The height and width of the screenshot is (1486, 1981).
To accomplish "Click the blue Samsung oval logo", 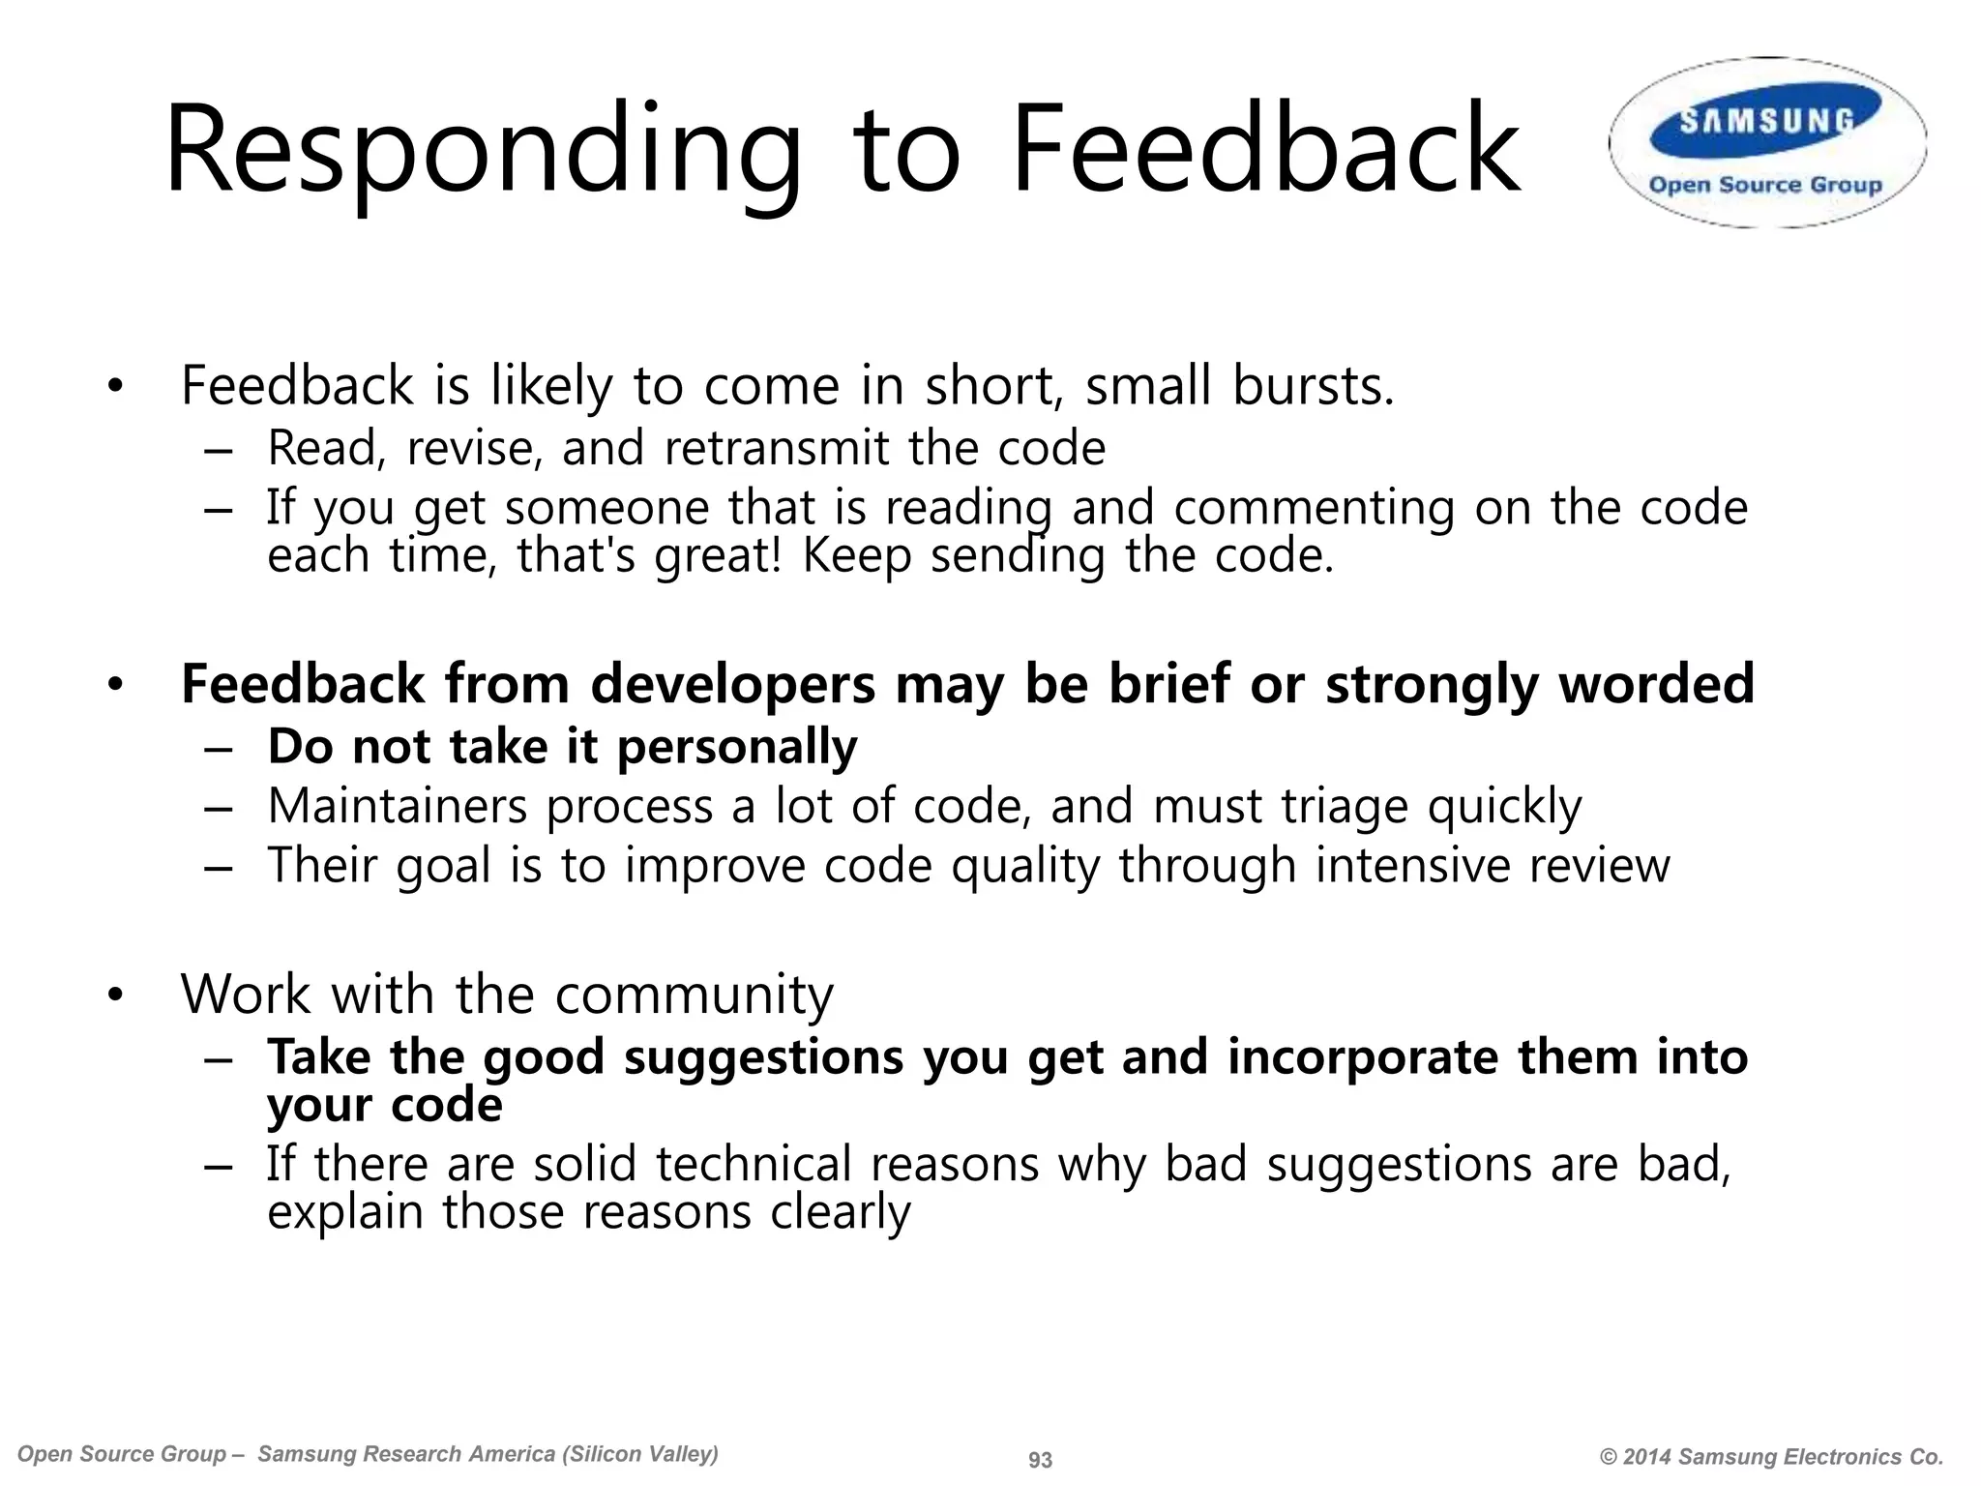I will (1766, 120).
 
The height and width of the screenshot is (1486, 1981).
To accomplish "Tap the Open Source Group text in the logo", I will (1765, 185).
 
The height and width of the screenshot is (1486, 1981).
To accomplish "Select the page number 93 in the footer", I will (1040, 1460).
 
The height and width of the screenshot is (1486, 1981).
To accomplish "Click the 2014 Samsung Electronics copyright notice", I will (1771, 1457).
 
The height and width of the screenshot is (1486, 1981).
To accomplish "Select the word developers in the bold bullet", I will (732, 684).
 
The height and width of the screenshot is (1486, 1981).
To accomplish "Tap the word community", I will (694, 995).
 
